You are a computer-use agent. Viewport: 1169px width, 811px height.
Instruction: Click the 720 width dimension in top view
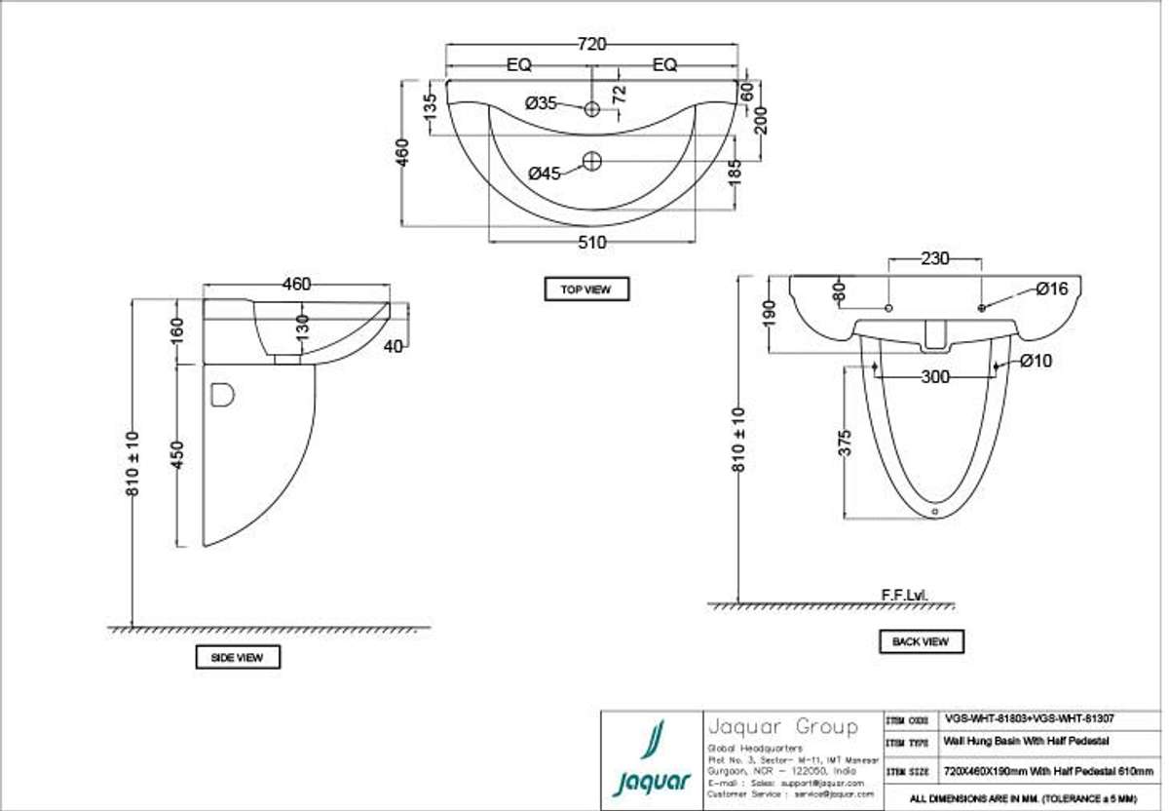(x=592, y=44)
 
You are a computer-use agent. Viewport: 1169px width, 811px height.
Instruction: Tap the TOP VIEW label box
(x=585, y=290)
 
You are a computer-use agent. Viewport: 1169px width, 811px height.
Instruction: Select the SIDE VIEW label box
(x=237, y=658)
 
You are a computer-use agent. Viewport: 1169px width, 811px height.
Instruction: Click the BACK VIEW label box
(x=921, y=641)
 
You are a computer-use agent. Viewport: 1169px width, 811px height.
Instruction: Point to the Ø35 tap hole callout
(x=541, y=103)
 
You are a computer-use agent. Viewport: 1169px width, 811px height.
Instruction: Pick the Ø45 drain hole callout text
(x=544, y=173)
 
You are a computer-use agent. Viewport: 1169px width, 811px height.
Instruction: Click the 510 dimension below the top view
(x=591, y=242)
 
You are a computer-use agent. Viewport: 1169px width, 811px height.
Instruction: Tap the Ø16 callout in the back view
(x=1051, y=289)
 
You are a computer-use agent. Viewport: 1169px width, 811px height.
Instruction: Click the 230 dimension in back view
(x=936, y=259)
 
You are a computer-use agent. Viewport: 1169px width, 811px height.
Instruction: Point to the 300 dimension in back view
(x=935, y=377)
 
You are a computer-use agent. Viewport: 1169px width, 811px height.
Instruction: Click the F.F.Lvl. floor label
(x=905, y=594)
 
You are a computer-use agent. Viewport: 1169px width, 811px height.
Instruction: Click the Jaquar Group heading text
(x=781, y=727)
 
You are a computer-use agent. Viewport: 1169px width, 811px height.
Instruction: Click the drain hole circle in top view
(x=592, y=161)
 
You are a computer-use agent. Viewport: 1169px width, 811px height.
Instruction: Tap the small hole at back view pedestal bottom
(x=934, y=509)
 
